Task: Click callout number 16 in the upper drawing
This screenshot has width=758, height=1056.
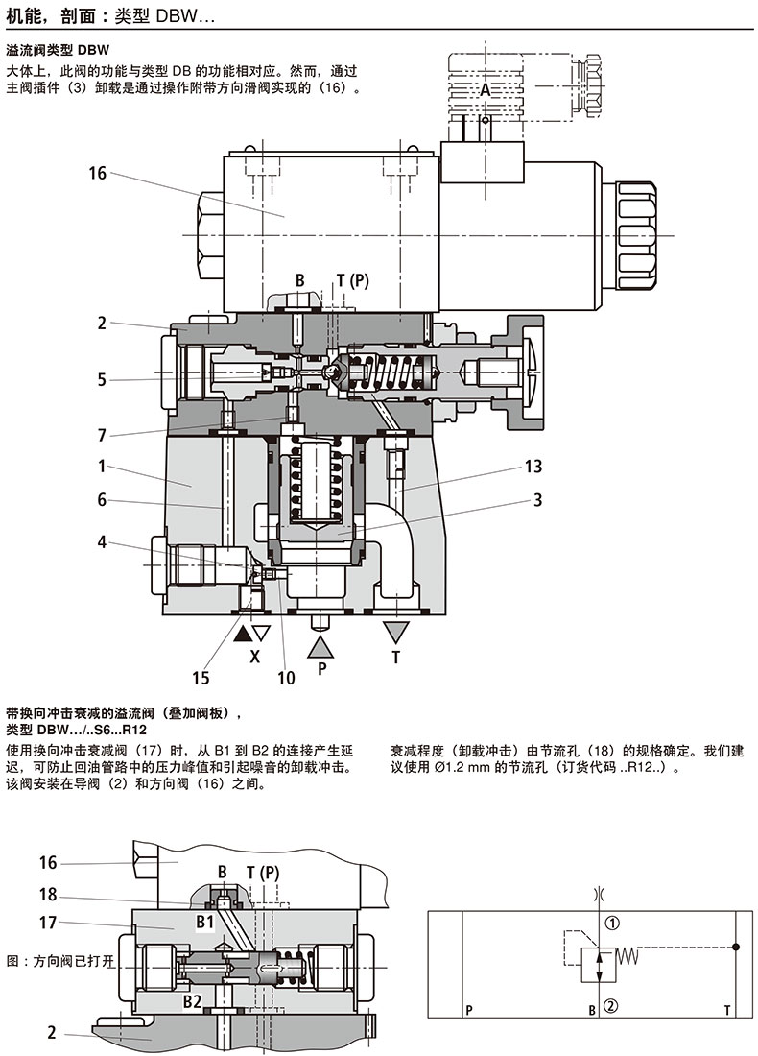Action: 96,173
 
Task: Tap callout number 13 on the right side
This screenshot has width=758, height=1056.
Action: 533,467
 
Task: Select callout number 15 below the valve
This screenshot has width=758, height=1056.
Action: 200,678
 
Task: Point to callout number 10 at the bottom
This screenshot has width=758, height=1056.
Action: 286,678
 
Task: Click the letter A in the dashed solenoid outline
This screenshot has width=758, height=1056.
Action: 486,88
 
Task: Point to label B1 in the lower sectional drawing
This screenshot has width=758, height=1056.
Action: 204,923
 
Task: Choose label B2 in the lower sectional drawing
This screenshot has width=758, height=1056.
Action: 192,1003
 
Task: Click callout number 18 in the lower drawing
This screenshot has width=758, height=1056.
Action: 49,895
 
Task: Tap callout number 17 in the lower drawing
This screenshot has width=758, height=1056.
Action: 49,925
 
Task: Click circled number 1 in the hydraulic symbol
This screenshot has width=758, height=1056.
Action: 613,924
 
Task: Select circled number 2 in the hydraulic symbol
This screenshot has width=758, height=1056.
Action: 613,1007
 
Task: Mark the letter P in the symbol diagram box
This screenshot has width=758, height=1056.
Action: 469,1010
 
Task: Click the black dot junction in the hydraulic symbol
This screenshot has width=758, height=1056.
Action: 736,947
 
